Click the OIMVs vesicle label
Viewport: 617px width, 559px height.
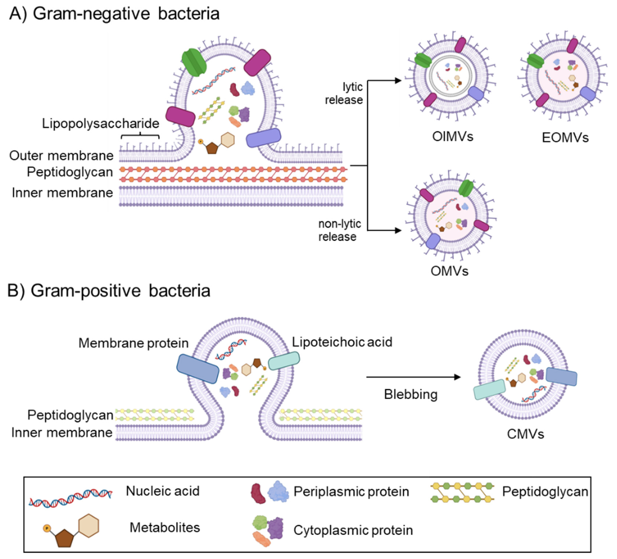pos(452,137)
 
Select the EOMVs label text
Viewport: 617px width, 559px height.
pos(565,138)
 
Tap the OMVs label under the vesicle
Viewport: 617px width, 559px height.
pos(449,271)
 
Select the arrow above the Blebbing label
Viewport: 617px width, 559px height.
pos(413,377)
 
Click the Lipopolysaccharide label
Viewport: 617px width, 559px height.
pos(100,123)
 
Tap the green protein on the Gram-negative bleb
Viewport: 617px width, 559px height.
pos(194,62)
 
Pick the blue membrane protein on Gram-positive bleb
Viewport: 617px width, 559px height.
pos(198,369)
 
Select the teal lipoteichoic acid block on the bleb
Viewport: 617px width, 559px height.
pos(284,361)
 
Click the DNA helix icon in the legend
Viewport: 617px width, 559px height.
pos(70,497)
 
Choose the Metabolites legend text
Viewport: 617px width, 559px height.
pos(165,527)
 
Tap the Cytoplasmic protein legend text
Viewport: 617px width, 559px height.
pos(353,530)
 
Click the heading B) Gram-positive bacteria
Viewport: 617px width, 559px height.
pos(109,290)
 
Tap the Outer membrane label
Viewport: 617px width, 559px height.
pos(61,156)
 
